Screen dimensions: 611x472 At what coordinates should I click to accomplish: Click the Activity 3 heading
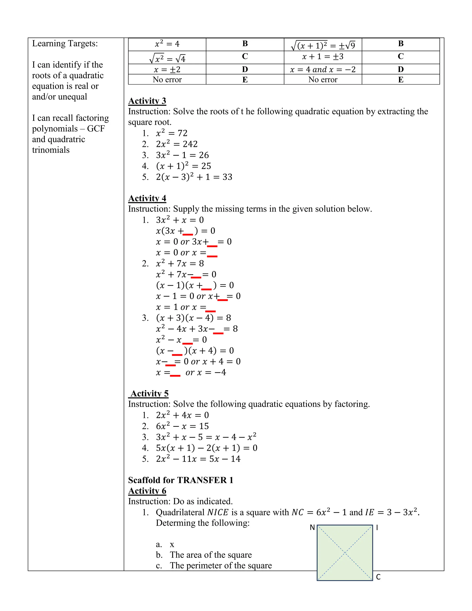[147, 101]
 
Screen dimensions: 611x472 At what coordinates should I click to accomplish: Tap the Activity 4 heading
[147, 198]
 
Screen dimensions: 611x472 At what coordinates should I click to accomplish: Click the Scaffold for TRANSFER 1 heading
[181, 480]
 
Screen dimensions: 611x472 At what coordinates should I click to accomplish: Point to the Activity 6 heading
[147, 491]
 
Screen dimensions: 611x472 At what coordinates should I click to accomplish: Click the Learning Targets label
[65, 44]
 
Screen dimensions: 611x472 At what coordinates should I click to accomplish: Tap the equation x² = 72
[171, 133]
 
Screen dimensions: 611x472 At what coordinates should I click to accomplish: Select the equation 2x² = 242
[177, 144]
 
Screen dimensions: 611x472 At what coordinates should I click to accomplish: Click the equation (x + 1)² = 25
[183, 166]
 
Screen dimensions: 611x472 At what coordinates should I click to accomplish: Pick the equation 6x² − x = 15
[182, 426]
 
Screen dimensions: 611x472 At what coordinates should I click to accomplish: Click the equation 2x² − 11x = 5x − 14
[198, 459]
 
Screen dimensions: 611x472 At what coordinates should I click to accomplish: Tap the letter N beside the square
[312, 528]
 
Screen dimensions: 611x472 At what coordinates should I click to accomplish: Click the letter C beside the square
[378, 577]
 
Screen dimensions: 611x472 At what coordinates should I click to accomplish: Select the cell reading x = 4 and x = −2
[323, 69]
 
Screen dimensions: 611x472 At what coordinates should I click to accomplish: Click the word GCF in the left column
[96, 129]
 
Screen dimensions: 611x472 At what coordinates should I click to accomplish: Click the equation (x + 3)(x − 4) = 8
[193, 318]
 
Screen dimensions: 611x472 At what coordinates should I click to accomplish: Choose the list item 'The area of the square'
[211, 555]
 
